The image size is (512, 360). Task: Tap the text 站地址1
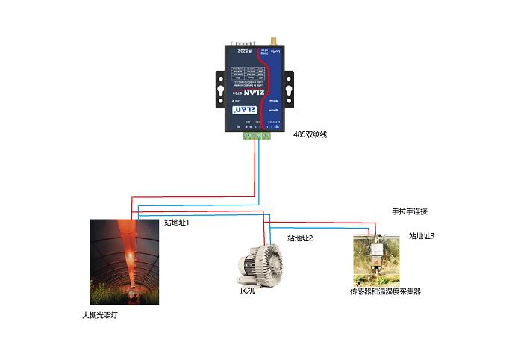click(176, 223)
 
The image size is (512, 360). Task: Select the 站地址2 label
click(300, 238)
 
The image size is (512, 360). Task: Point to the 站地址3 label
click(421, 236)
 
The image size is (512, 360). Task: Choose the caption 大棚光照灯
click(100, 315)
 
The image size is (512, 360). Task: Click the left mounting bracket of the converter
click(221, 85)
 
